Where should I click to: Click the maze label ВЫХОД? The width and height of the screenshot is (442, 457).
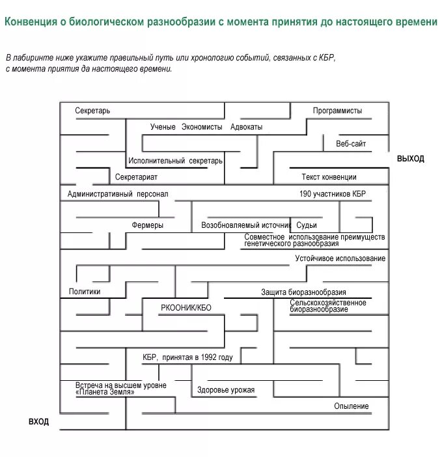410,159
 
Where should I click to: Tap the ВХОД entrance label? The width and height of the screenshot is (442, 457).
38,422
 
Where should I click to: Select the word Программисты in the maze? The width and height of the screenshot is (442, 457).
337,111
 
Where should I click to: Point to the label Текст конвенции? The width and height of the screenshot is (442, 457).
329,177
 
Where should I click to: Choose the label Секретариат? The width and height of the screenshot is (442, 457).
136,177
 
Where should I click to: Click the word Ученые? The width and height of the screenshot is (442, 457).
163,127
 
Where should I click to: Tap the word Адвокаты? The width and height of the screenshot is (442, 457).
246,127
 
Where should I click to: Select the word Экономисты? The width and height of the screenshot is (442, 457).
202,127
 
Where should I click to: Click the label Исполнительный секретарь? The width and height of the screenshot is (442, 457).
176,161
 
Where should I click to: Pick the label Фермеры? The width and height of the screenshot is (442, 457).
147,225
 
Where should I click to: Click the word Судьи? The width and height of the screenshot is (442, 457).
306,225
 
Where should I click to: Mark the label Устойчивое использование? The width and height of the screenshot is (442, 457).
340,259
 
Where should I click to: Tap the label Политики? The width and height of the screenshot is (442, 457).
85,292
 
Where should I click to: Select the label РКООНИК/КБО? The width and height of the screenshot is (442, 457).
186,307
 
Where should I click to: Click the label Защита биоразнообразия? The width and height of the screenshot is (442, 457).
303,292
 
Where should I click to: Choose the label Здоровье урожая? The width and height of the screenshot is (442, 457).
226,391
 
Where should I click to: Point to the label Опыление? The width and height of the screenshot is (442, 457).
352,406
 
